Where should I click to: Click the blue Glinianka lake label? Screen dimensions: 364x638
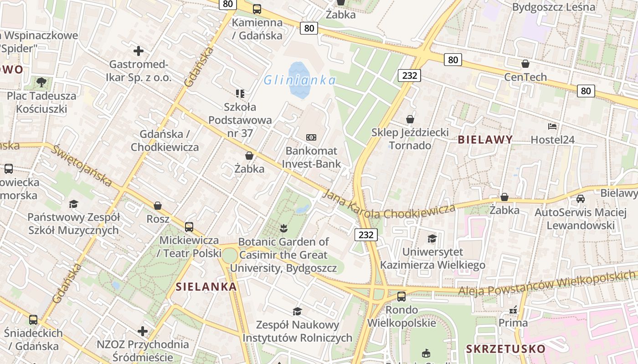(x=300, y=81)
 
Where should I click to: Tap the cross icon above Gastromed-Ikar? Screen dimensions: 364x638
(x=139, y=51)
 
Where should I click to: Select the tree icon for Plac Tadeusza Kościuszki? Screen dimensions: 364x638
(x=41, y=82)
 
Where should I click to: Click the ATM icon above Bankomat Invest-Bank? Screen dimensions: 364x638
(x=311, y=137)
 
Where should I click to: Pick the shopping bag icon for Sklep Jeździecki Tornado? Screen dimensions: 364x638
(x=410, y=119)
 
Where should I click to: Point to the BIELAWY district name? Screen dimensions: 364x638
(x=485, y=140)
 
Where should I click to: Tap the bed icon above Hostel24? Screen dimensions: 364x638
(x=552, y=126)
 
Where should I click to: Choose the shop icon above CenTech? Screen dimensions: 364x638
(x=525, y=64)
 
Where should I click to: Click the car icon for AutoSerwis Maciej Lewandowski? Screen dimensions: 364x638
(x=581, y=199)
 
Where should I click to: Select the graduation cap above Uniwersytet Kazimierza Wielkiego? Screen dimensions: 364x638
(x=432, y=238)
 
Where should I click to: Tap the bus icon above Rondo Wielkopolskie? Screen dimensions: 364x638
(x=401, y=297)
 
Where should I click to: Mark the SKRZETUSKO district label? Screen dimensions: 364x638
(x=505, y=349)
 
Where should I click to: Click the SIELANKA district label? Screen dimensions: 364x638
(x=206, y=287)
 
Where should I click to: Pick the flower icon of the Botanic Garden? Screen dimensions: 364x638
(x=283, y=228)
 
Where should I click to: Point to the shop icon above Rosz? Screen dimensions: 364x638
(x=158, y=206)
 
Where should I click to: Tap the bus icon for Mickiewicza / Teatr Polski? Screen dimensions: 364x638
(x=189, y=227)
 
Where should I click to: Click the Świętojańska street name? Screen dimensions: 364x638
(x=82, y=166)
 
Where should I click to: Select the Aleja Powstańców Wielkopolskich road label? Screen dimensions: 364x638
(x=547, y=283)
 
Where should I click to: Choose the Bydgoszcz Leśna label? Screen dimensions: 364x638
(x=554, y=7)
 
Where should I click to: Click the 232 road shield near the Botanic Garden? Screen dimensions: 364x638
(x=366, y=235)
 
